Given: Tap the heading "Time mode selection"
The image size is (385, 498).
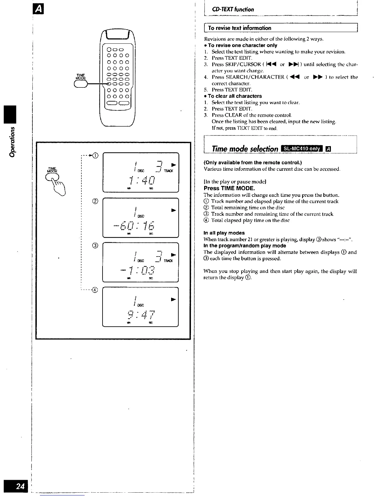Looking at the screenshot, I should point(245,148).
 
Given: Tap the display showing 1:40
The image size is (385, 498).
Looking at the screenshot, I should point(141,172).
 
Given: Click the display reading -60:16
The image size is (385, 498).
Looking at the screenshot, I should point(141,218).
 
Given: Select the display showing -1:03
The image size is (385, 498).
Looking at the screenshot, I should point(141,263).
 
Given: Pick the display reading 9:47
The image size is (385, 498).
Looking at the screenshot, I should point(141,307).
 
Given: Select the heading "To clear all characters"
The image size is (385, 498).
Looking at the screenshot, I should point(234,96).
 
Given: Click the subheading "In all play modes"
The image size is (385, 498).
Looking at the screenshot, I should point(224,233).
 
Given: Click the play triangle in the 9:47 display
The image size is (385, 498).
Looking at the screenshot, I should point(173,299).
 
